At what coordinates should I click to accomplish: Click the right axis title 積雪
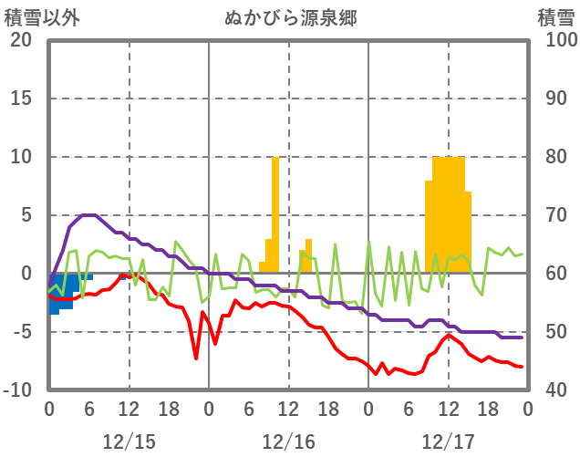pyautogui.click(x=555, y=17)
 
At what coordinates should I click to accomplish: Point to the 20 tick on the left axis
pyautogui.click(x=21, y=41)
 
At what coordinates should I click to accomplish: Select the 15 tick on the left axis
pyautogui.click(x=21, y=99)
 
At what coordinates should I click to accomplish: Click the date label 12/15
pyautogui.click(x=129, y=442)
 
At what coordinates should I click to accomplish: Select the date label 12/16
pyautogui.click(x=288, y=442)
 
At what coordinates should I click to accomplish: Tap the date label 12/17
pyautogui.click(x=448, y=442)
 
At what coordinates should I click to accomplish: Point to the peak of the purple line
pyautogui.click(x=88, y=215)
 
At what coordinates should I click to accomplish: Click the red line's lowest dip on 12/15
pyautogui.click(x=196, y=358)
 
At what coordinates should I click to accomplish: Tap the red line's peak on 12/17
pyautogui.click(x=448, y=335)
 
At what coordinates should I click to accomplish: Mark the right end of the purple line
pyautogui.click(x=522, y=338)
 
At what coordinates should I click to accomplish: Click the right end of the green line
pyautogui.click(x=522, y=254)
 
